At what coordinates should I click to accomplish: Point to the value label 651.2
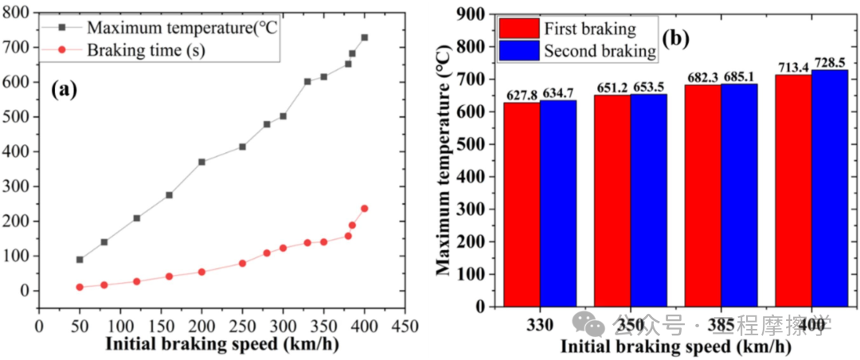612,88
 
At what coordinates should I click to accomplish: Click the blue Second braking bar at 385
739,195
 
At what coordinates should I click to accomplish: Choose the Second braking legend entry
577,52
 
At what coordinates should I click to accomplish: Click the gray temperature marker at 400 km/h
365,37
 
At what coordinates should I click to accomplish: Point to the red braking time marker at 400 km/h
365,209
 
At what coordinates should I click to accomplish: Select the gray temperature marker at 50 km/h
80,260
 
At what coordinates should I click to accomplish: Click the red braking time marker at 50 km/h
80,287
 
